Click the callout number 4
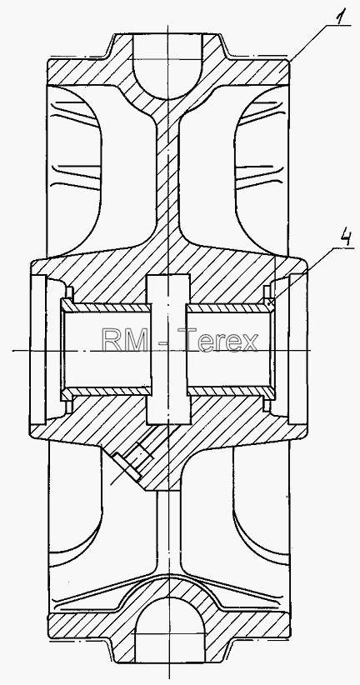[x=347, y=239]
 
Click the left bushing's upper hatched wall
[x=106, y=308]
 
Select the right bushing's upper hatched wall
[x=231, y=308]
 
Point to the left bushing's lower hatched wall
[x=106, y=391]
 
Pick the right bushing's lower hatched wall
[x=231, y=391]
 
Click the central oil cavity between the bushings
[x=168, y=349]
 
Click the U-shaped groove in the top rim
[x=167, y=66]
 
